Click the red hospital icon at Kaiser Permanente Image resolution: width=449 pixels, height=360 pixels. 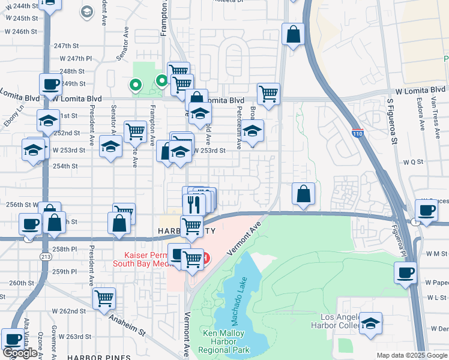pyautogui.click(x=206, y=259)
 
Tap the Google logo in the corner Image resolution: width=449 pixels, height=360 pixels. pyautogui.click(x=20, y=353)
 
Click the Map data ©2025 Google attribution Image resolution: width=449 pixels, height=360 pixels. pyautogui.click(x=412, y=355)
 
